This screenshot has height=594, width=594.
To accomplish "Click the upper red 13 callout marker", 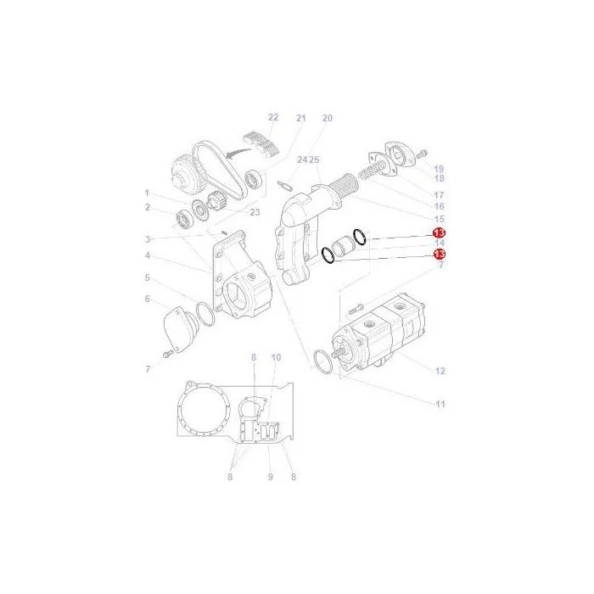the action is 439,233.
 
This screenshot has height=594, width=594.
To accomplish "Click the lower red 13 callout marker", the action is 440,254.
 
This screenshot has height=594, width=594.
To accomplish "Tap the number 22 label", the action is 273,117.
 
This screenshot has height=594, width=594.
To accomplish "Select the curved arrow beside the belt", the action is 238,153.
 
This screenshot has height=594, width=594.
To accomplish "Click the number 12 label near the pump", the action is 440,371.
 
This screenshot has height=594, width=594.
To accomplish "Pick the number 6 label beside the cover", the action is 148,299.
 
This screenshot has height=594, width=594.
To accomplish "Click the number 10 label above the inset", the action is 276,357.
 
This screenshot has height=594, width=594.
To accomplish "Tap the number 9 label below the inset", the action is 271,477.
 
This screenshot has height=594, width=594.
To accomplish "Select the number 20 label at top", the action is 328,118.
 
